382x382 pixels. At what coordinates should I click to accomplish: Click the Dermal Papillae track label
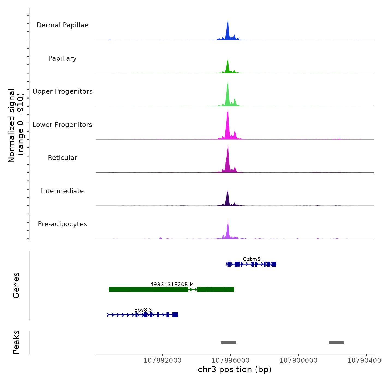pyautogui.click(x=62, y=25)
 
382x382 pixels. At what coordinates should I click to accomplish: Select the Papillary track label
pyautogui.click(x=62, y=58)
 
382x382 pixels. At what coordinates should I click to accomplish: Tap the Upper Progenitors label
pyautogui.click(x=62, y=91)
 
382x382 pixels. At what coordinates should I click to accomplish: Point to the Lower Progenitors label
pyautogui.click(x=62, y=125)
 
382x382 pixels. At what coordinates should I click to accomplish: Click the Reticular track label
pyautogui.click(x=62, y=158)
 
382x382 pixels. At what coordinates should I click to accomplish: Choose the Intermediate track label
pyautogui.click(x=62, y=191)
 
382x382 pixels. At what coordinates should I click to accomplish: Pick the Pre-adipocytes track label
pyautogui.click(x=62, y=224)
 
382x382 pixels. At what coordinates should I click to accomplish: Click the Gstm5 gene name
pyautogui.click(x=252, y=259)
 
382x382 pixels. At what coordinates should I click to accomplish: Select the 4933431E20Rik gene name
pyautogui.click(x=171, y=284)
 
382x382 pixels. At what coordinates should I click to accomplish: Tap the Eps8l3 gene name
pyautogui.click(x=143, y=310)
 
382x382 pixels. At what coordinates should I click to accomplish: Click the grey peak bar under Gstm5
pyautogui.click(x=228, y=342)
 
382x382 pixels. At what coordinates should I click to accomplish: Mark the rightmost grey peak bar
pyautogui.click(x=336, y=342)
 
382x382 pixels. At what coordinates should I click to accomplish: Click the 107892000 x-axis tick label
pyautogui.click(x=162, y=360)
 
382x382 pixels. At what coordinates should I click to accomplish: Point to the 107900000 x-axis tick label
pyautogui.click(x=298, y=360)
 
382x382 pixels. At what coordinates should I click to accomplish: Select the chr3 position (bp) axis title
pyautogui.click(x=235, y=369)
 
